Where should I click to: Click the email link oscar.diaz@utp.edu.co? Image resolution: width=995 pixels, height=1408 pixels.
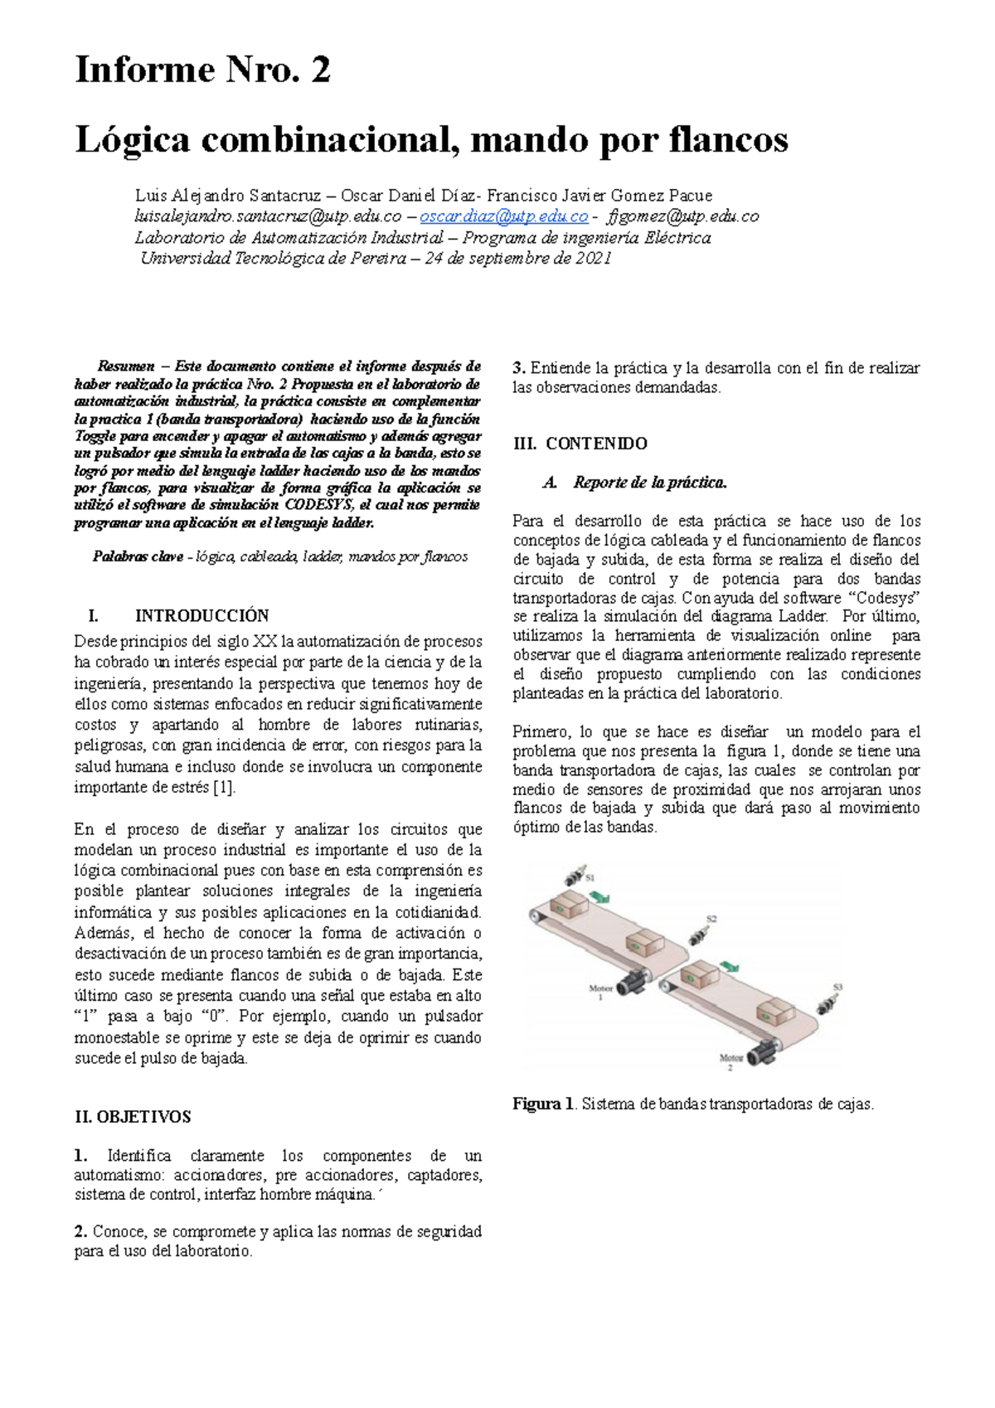click(503, 216)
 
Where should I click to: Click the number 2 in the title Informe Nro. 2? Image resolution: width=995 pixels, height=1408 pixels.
click(320, 70)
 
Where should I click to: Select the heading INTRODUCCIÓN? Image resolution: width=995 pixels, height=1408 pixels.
click(201, 616)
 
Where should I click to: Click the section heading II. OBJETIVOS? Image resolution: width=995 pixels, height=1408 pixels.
click(133, 1117)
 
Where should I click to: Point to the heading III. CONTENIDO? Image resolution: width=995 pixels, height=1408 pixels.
click(580, 444)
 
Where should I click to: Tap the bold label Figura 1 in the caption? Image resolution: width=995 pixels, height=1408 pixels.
click(543, 1105)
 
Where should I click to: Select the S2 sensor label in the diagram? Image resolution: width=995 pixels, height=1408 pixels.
click(711, 919)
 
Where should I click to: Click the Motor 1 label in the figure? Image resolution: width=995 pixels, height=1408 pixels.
click(600, 993)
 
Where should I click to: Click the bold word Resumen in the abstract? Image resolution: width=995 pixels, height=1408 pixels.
click(126, 366)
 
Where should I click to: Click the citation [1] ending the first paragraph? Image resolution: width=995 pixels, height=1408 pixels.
click(224, 788)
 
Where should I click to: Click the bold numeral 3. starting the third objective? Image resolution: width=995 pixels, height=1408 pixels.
click(519, 368)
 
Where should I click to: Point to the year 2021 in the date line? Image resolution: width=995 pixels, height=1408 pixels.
click(594, 258)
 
